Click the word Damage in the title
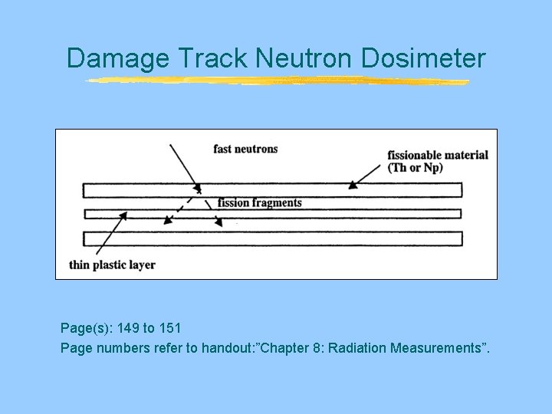pos(118,58)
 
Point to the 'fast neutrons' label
pos(245,149)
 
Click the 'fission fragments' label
pos(259,203)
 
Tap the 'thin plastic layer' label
pos(112,265)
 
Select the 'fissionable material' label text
pos(438,155)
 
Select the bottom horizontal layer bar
pos(272,238)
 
